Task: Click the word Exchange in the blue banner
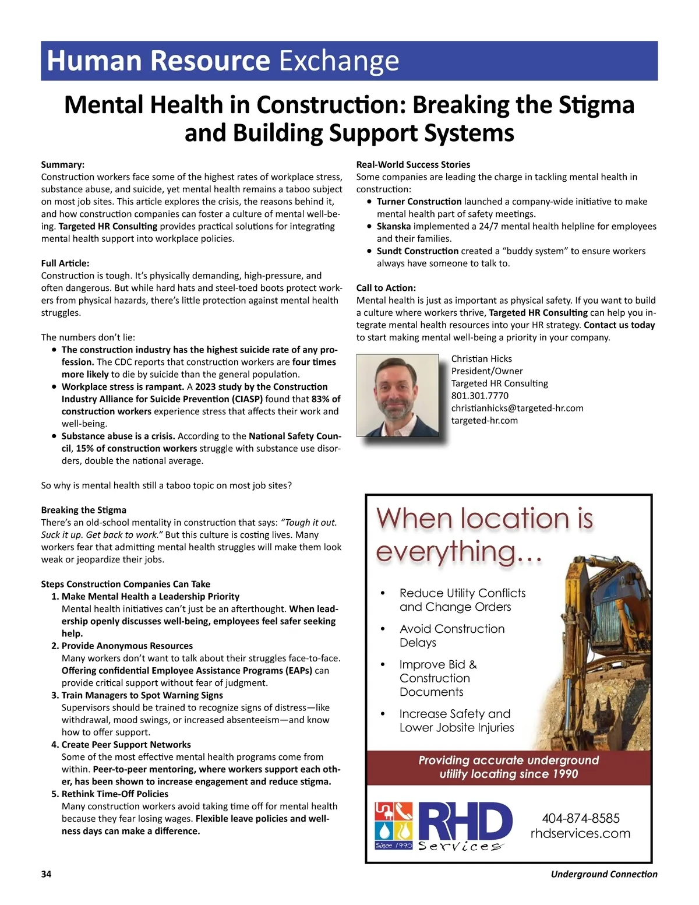(x=339, y=61)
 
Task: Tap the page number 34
(x=46, y=874)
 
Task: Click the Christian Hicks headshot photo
(x=397, y=395)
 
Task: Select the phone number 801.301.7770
(x=479, y=396)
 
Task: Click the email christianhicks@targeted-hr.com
(x=517, y=408)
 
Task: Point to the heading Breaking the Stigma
(x=83, y=510)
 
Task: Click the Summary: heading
(x=62, y=165)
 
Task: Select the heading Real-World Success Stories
(x=413, y=165)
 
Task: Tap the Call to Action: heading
(x=386, y=288)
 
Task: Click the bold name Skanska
(x=393, y=226)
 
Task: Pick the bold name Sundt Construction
(x=417, y=251)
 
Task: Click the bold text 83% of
(x=326, y=399)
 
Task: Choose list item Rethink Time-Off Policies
(x=115, y=794)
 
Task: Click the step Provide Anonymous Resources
(x=127, y=646)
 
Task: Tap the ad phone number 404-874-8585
(x=580, y=818)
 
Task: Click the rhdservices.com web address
(x=580, y=833)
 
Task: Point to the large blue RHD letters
(x=465, y=822)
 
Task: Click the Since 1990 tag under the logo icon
(x=394, y=845)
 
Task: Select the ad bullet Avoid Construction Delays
(x=451, y=636)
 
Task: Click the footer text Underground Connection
(x=603, y=874)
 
